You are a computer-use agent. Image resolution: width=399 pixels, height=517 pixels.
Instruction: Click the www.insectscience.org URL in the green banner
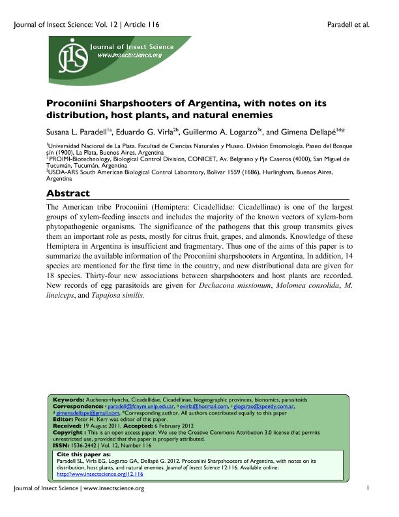click(x=129, y=55)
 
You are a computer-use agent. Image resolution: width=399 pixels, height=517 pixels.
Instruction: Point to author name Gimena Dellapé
click(x=310, y=131)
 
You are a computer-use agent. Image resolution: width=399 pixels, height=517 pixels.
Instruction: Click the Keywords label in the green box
click(x=68, y=399)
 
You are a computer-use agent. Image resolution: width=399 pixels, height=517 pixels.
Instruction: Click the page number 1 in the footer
click(x=368, y=507)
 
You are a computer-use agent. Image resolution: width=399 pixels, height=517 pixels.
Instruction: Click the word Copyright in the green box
click(x=67, y=433)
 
